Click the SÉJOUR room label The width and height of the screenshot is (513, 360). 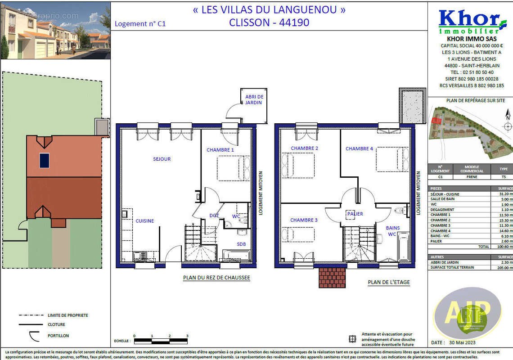click(x=162, y=159)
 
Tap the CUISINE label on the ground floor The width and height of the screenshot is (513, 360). click(x=145, y=221)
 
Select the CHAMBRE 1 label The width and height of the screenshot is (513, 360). click(x=220, y=150)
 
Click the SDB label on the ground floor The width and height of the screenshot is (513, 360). click(x=242, y=244)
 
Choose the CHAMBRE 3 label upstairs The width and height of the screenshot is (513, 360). click(x=304, y=220)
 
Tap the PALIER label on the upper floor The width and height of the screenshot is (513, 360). click(x=355, y=214)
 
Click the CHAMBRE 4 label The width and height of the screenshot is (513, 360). click(x=359, y=148)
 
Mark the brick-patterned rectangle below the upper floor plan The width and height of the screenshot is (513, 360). click(x=332, y=278)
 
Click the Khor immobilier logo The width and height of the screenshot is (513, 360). click(x=469, y=22)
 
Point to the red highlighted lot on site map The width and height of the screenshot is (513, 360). click(x=436, y=120)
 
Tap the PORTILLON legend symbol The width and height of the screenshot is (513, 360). click(x=32, y=336)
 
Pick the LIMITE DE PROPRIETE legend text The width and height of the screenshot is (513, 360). click(x=68, y=315)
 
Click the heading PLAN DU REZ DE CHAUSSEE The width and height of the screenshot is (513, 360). click(x=216, y=278)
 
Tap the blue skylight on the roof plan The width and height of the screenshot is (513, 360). click(x=44, y=160)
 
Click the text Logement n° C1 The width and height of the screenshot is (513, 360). click(x=140, y=24)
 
